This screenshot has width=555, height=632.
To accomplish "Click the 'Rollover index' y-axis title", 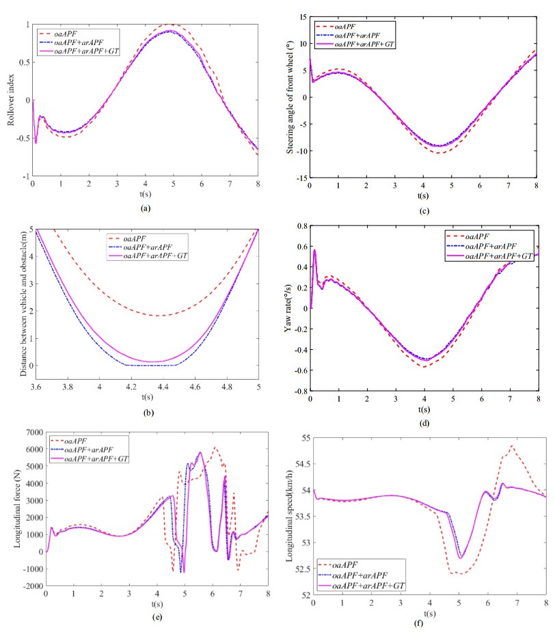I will pyautogui.click(x=10, y=100).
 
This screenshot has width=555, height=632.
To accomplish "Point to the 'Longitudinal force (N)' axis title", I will pyautogui.click(x=10, y=509).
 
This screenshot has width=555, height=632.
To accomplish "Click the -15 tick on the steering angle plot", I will pyautogui.click(x=300, y=178).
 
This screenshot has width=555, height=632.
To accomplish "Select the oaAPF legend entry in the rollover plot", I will pyautogui.click(x=72, y=31).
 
